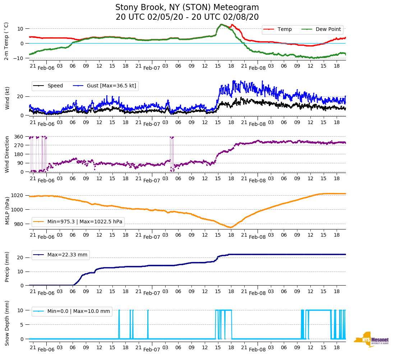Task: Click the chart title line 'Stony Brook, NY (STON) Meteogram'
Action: (x=187, y=8)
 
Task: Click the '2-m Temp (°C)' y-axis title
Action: (x=6, y=41)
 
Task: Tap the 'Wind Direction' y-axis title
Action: (x=7, y=154)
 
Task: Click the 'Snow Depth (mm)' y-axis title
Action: (x=7, y=323)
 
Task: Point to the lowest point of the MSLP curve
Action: (x=230, y=227)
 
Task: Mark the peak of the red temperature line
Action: (x=221, y=24)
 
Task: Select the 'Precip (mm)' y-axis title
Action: (x=7, y=266)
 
